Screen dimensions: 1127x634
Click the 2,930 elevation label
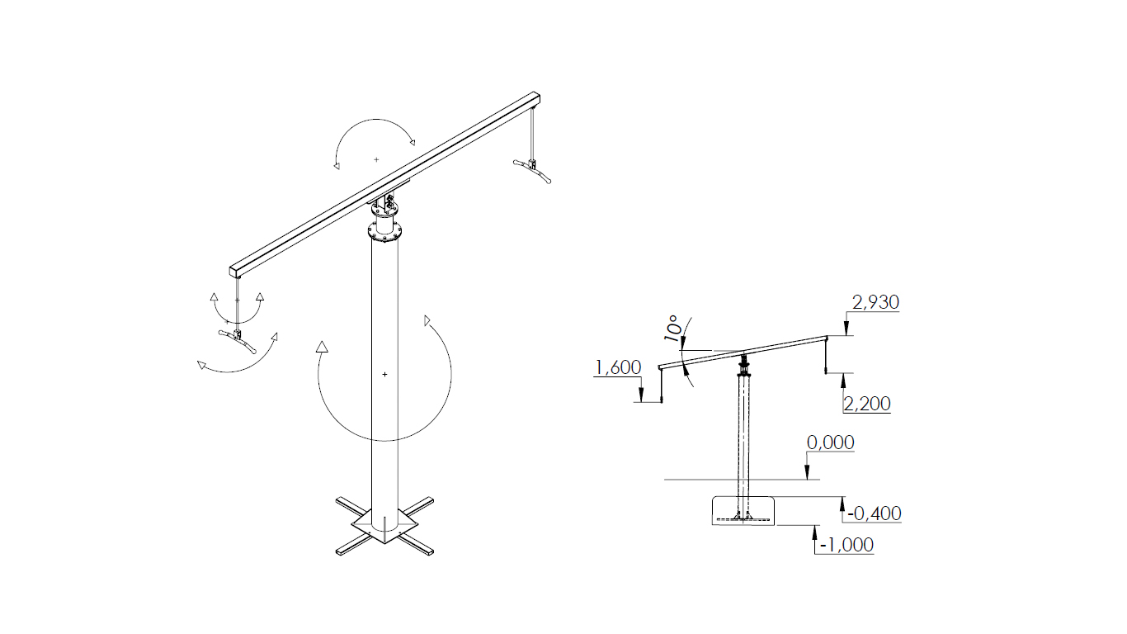click(x=875, y=302)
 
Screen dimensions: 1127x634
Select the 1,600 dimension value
click(x=618, y=367)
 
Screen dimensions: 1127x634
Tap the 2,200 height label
click(x=867, y=404)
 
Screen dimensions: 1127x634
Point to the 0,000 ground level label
click(x=830, y=442)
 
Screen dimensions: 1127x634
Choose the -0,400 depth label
click(x=875, y=513)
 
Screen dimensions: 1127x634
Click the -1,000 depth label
click(x=846, y=545)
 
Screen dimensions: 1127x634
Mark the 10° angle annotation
click(x=673, y=329)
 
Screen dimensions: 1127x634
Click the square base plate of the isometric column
click(x=385, y=525)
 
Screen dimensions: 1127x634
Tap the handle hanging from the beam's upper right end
click(x=532, y=170)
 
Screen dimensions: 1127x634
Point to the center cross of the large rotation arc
click(x=385, y=375)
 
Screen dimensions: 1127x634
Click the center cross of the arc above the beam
click(x=376, y=159)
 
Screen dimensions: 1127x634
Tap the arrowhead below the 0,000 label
click(x=807, y=472)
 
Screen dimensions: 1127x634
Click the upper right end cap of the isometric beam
click(x=536, y=98)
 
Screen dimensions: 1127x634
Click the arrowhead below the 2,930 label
click(x=846, y=329)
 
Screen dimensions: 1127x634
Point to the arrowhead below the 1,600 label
click(x=641, y=395)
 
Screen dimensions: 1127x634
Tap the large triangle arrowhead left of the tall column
click(x=322, y=347)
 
